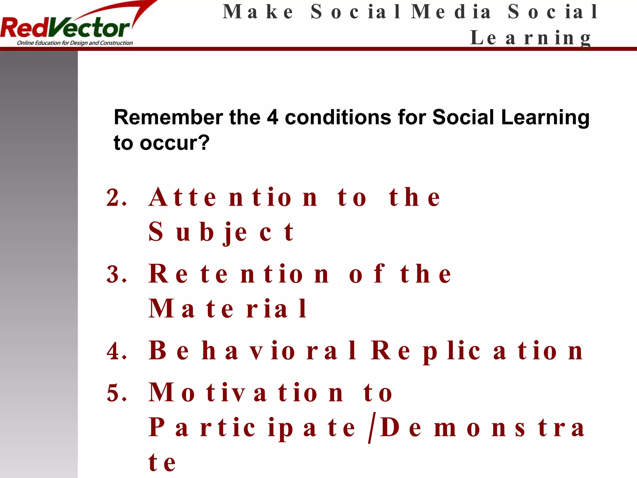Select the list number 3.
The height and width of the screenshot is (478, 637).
[116, 274]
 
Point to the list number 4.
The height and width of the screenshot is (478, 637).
[116, 351]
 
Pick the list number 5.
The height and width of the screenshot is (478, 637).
[116, 393]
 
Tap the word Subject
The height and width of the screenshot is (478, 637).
[221, 232]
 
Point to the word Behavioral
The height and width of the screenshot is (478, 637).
[252, 351]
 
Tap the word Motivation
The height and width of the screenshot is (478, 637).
[246, 393]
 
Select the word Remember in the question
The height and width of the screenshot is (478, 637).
[168, 118]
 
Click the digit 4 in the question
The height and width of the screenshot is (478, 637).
[272, 118]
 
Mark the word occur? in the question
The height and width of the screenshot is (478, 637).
[174, 143]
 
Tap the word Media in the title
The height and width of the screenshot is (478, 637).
[451, 12]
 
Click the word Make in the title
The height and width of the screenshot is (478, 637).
[258, 12]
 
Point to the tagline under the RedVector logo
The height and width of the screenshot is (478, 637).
[75, 43]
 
